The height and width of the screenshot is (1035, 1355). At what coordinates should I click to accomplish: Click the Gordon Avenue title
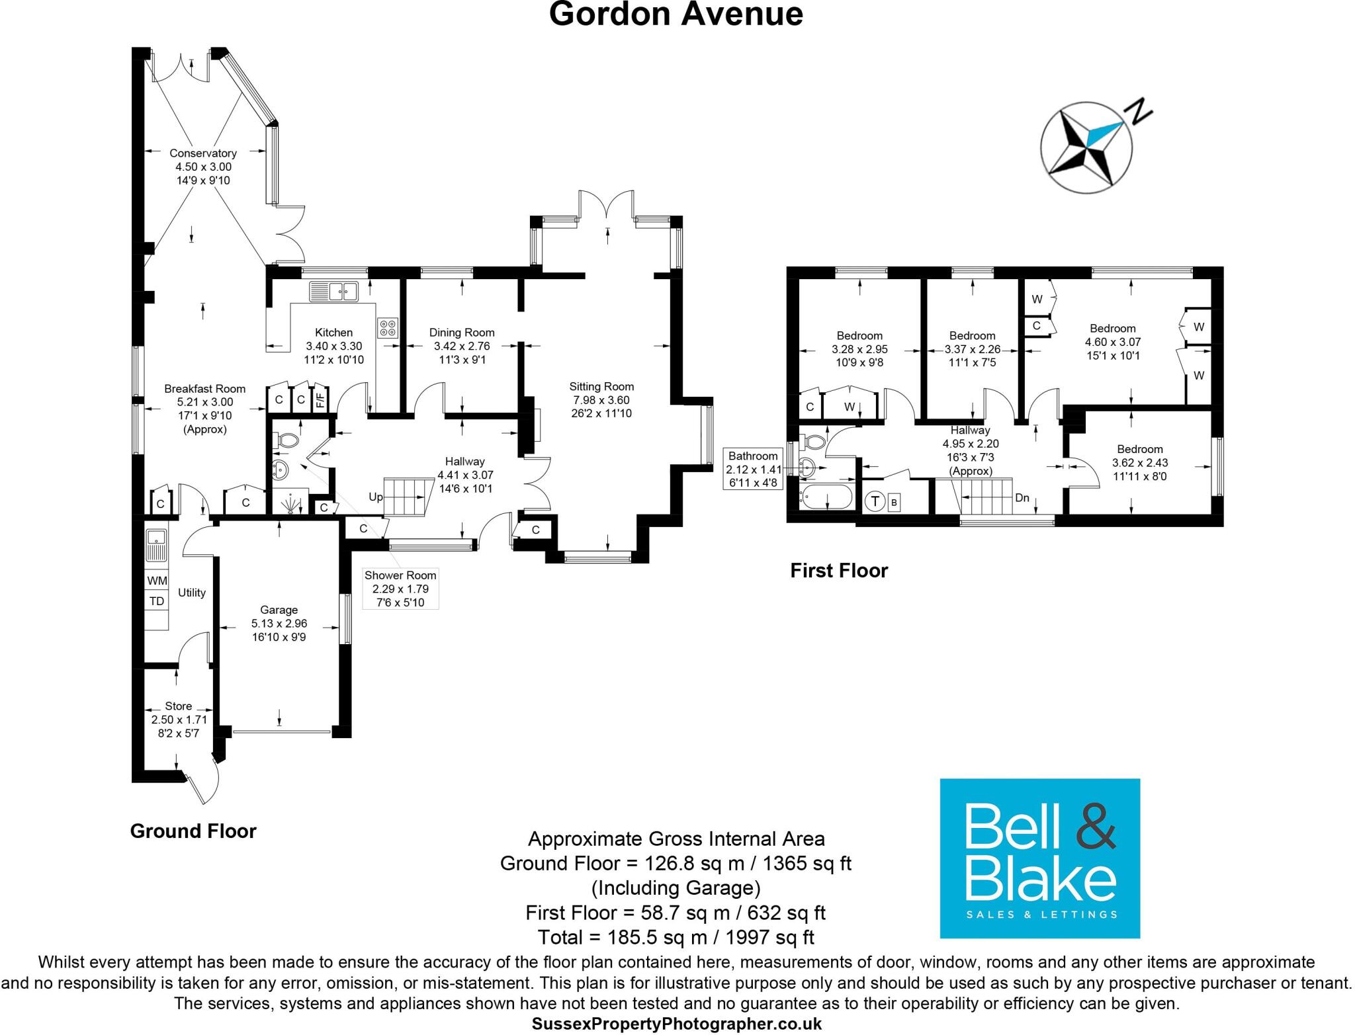point(676,15)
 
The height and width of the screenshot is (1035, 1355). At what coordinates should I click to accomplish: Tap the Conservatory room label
point(202,153)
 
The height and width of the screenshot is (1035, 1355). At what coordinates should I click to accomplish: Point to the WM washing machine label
point(157,581)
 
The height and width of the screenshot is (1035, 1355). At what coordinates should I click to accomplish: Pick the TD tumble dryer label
point(157,601)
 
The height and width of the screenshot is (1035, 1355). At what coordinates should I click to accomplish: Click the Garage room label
point(279,610)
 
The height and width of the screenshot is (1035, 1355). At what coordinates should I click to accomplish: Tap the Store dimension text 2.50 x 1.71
point(179,720)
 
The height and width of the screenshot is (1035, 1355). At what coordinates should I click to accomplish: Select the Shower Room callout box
point(400,589)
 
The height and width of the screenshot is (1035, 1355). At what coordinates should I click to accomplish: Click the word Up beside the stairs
point(375,497)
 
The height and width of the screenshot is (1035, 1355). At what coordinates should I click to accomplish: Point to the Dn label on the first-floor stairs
point(1022,497)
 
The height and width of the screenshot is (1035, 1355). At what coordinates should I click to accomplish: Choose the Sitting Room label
point(601,387)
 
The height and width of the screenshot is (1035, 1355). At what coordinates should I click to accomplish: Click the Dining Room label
point(462,333)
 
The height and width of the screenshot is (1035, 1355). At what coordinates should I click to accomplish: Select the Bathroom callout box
point(754,469)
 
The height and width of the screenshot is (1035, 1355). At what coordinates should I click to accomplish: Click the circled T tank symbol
point(875,501)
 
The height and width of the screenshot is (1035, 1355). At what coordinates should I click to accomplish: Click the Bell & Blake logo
point(1039,858)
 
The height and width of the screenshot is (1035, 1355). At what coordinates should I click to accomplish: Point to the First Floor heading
point(838,570)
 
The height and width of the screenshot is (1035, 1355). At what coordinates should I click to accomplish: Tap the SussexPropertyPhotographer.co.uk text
point(676,1024)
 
